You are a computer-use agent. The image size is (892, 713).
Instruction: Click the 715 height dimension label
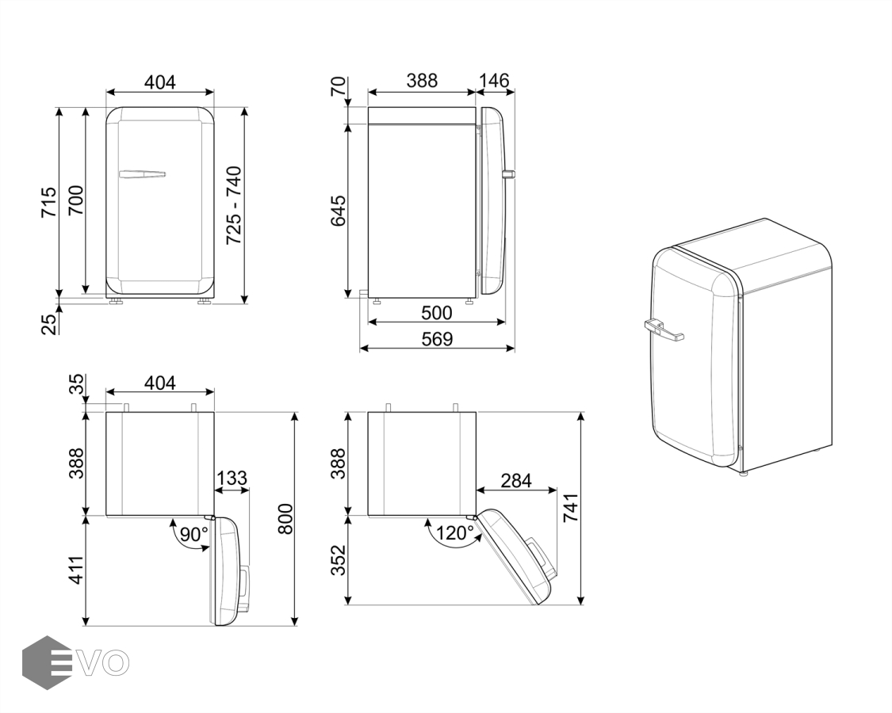[48, 201]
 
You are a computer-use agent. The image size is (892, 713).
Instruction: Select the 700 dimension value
[75, 200]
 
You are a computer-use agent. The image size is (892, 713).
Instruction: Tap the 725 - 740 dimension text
[234, 205]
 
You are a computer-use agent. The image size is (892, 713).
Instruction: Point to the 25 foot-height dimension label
[50, 324]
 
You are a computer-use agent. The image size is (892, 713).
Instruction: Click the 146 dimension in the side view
[493, 81]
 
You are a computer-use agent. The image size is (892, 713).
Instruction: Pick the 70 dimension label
[339, 86]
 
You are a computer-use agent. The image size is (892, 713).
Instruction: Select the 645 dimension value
[339, 211]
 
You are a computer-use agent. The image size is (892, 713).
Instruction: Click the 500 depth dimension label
[437, 313]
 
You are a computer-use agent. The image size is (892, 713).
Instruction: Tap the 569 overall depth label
[437, 339]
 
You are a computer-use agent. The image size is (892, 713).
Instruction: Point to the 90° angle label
[194, 535]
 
